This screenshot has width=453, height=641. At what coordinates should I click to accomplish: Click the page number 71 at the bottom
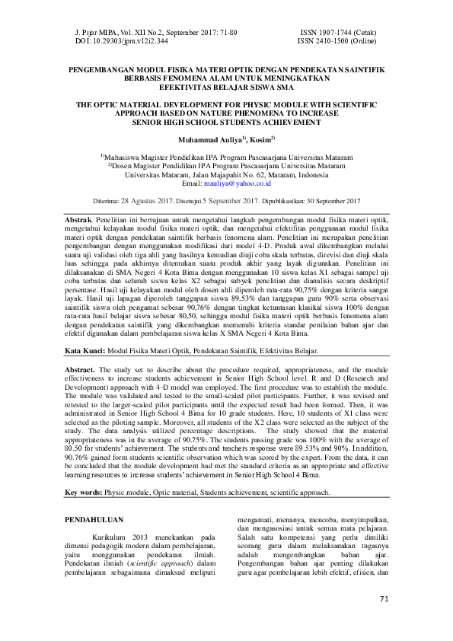point(384,620)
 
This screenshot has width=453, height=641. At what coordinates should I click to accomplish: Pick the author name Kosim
point(261,141)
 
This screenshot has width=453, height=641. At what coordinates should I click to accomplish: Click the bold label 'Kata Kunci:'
point(85,352)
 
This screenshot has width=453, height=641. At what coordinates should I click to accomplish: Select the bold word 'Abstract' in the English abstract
point(80,368)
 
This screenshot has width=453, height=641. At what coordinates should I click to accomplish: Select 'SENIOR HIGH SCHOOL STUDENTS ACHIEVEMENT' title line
point(226,121)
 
